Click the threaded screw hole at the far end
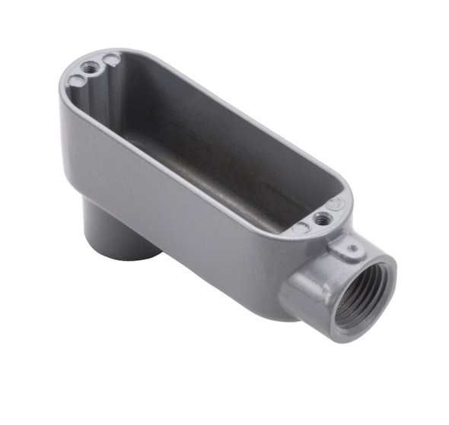(92, 68)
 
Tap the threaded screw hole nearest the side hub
(323, 219)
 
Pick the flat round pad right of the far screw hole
(111, 59)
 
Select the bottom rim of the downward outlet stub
(122, 255)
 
